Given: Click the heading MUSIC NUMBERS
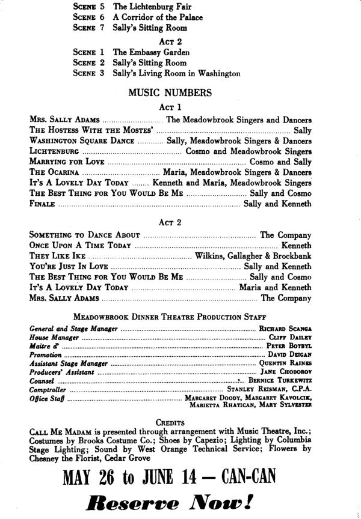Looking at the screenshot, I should point(169,93).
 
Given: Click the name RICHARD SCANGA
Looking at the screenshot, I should point(285,329).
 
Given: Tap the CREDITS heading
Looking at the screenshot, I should point(170,423).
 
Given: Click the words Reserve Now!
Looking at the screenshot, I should point(170,502).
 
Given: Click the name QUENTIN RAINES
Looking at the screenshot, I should point(285,363).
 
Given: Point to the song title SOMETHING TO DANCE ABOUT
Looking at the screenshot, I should point(85,235).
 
